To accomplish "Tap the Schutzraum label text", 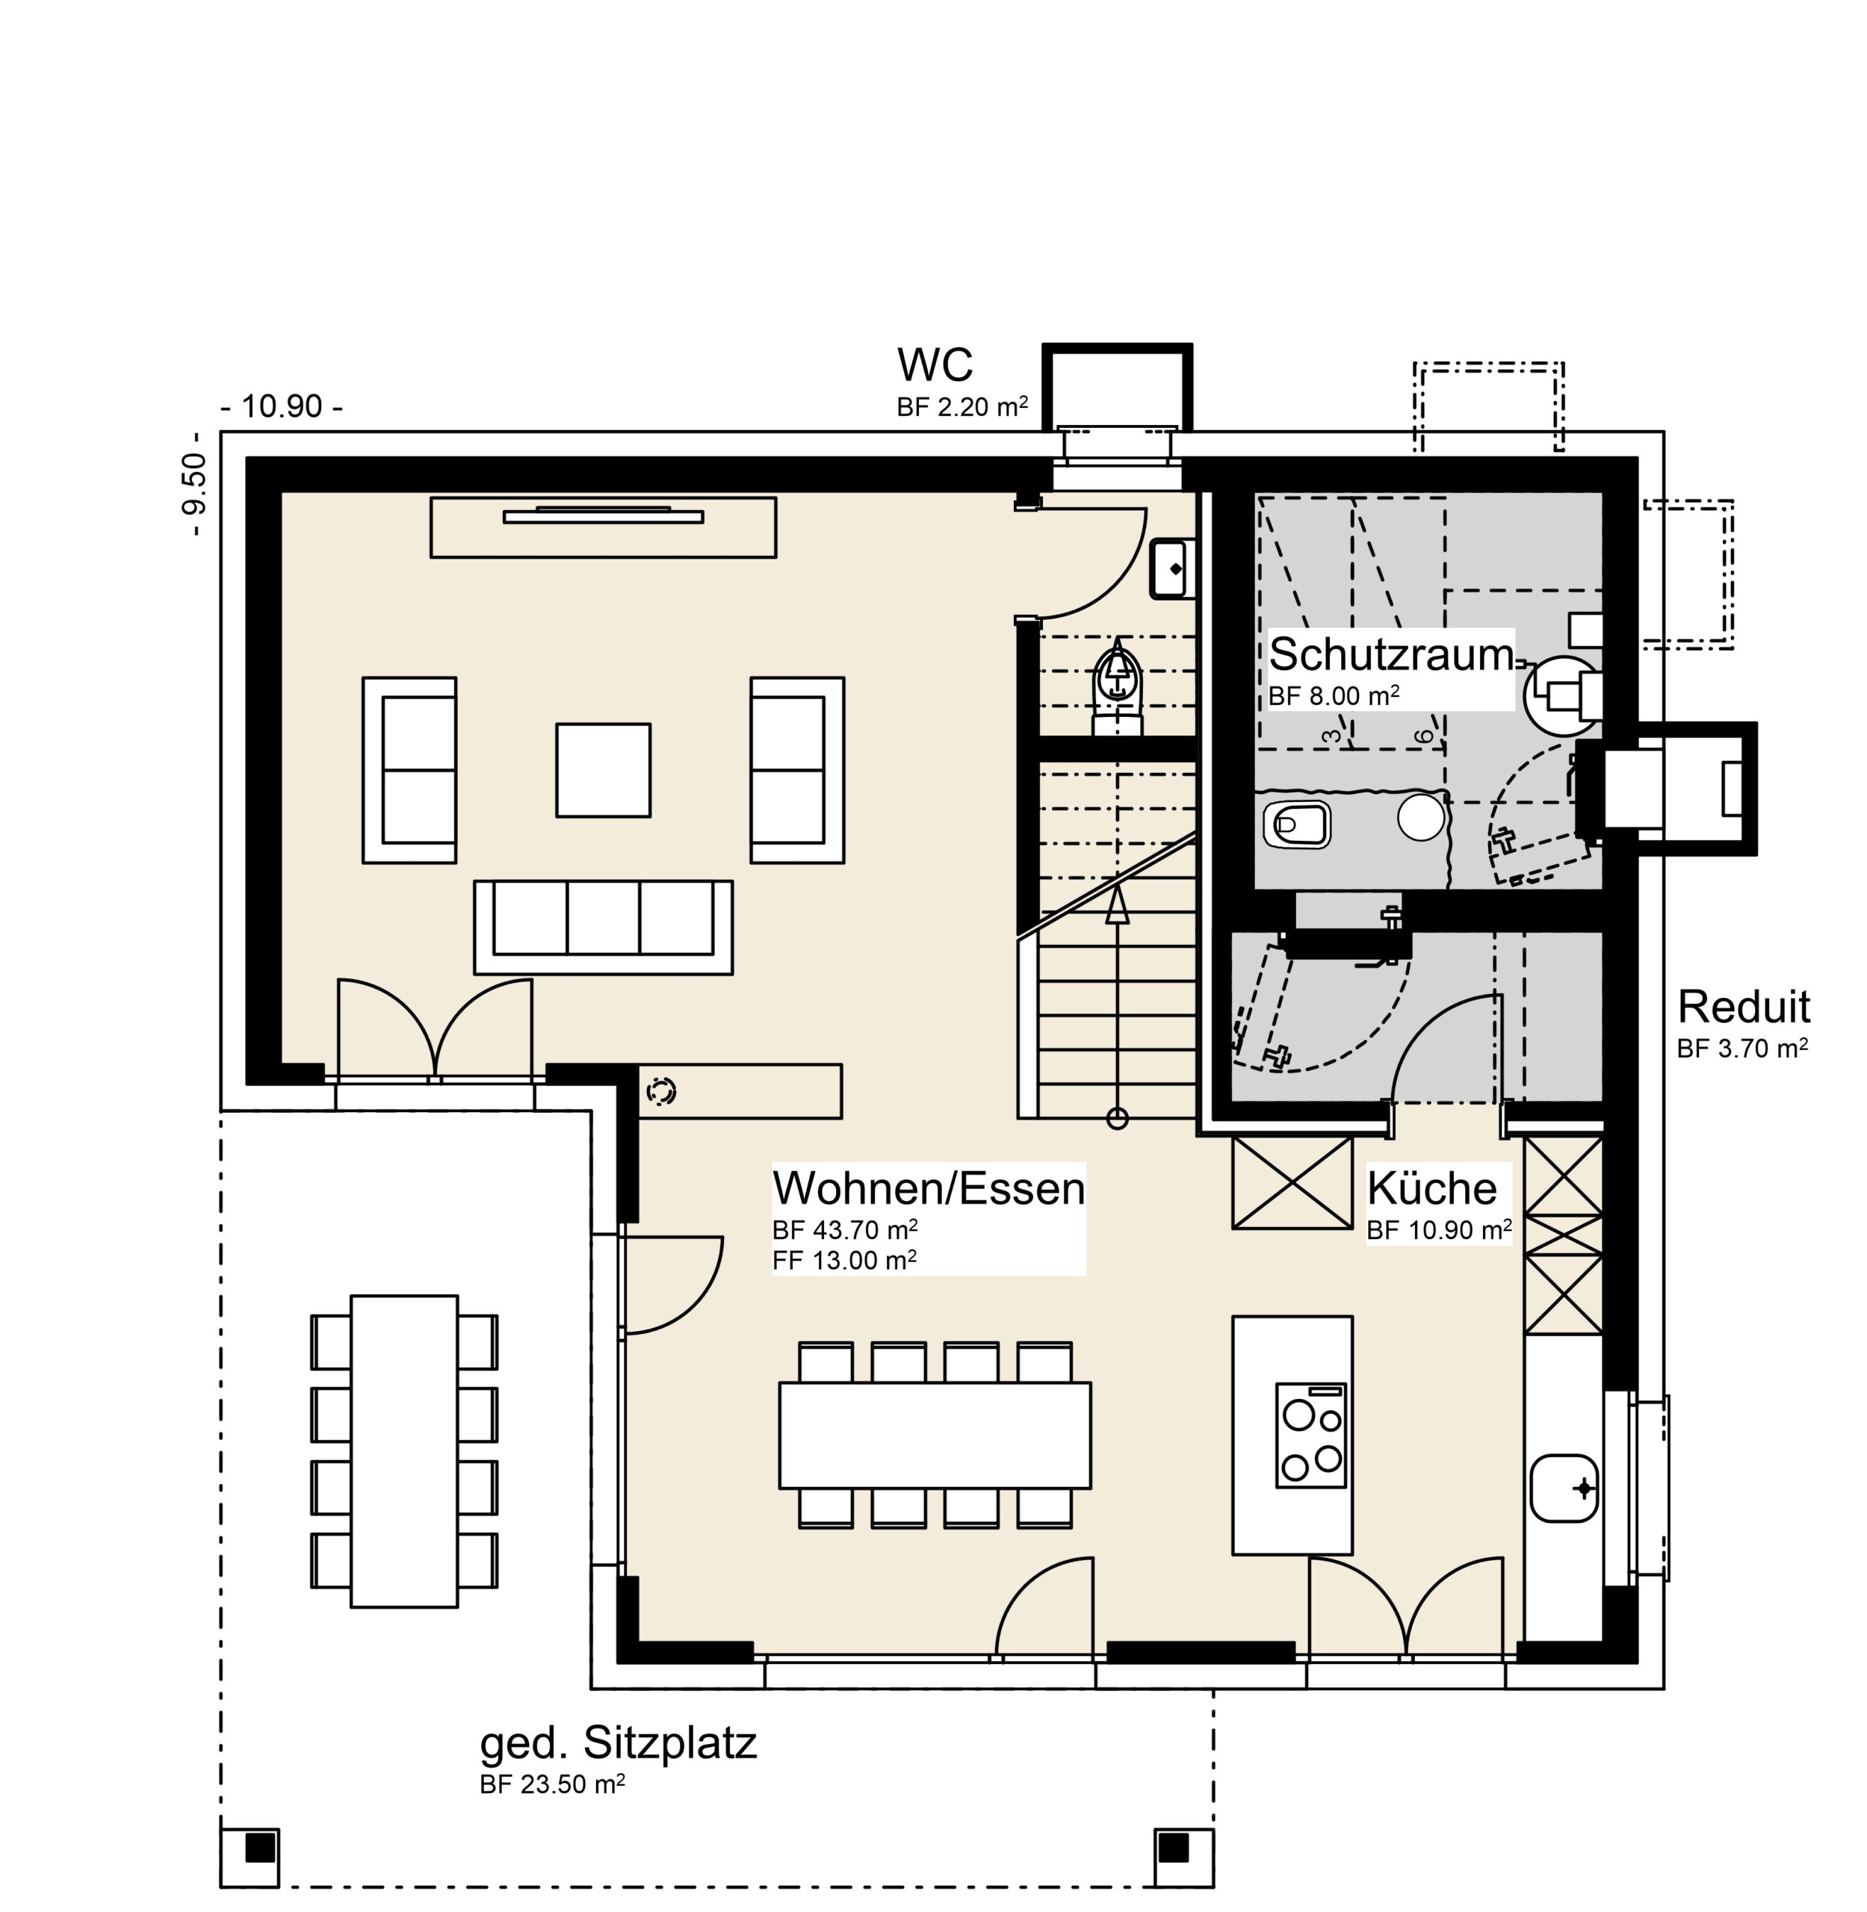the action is pos(1391,655).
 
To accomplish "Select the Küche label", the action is pos(1431,1188).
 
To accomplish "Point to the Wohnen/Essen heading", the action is pos(929,1188).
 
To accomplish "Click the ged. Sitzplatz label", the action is pos(618,1743).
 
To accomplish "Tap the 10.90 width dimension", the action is pos(282,406).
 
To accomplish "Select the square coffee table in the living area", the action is pos(603,770).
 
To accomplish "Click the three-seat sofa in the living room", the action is pos(603,927).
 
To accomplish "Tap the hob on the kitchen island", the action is pos(1311,1435).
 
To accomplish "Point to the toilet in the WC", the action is pos(1118,686).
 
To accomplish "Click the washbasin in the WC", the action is pos(1171,568).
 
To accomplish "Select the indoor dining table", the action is pos(935,1435).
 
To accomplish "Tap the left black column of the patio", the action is pos(260,1849).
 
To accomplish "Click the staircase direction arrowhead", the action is pos(1117,905).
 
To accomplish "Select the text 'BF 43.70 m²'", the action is pos(844,1229).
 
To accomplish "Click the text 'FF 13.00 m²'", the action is pos(844,1260).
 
